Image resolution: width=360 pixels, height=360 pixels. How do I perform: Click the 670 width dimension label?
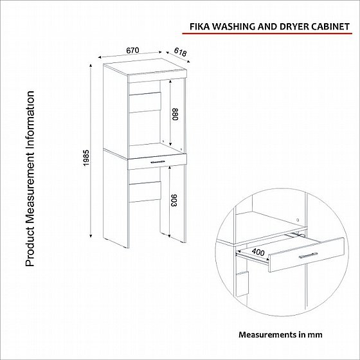tap(132, 50)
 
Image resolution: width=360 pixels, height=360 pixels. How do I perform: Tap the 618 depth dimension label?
tap(180, 52)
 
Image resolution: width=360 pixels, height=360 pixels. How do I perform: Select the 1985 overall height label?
tap(86, 158)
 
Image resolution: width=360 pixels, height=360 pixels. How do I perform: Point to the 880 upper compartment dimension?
tap(175, 114)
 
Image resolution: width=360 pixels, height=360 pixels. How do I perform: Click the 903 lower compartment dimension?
tap(174, 200)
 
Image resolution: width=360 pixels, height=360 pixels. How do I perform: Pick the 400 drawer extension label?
tap(258, 252)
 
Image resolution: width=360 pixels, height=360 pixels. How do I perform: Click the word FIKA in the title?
tap(199, 26)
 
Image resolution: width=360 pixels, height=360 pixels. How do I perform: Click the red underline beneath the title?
tap(267, 33)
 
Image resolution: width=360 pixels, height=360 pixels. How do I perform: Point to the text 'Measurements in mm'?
tap(280, 334)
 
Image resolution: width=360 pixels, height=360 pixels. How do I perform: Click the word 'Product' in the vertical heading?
tap(30, 247)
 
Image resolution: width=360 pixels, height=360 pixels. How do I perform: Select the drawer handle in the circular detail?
tap(309, 255)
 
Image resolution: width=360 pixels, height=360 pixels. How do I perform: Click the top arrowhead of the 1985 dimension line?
tap(91, 66)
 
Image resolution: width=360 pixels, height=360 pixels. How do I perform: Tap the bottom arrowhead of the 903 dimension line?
tap(169, 235)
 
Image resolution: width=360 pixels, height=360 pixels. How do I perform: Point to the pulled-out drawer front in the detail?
tap(307, 255)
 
